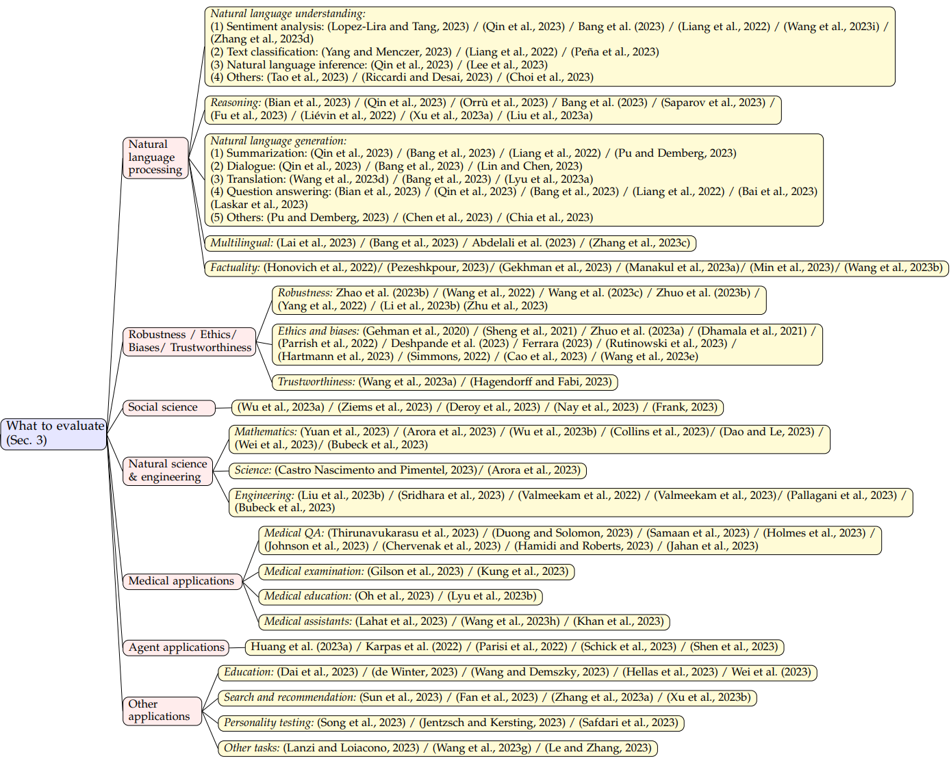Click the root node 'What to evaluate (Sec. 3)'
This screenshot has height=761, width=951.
54,433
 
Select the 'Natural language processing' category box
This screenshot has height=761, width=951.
155,157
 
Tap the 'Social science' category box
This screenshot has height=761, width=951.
168,408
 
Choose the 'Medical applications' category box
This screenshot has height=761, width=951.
181,581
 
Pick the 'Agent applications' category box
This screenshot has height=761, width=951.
176,647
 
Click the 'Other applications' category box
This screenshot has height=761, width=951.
162,710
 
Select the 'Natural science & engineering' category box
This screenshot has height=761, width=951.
167,471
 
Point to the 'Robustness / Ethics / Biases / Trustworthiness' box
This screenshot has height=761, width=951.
189,341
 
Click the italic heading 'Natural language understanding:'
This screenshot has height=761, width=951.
288,14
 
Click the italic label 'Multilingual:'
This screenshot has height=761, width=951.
241,243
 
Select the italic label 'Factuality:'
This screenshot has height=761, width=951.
235,268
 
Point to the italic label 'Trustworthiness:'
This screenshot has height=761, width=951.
316,382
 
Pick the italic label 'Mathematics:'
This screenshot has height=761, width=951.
265,432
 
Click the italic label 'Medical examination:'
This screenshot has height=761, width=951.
314,571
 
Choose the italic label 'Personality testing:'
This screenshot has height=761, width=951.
268,723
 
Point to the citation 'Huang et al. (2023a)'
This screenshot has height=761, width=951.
301,647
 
